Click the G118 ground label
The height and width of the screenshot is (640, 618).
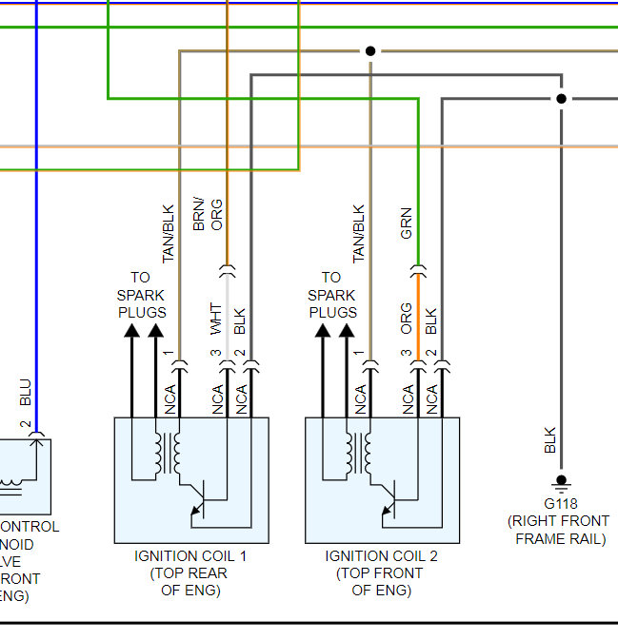pyautogui.click(x=561, y=504)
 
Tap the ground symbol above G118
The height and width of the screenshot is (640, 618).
pyautogui.click(x=561, y=483)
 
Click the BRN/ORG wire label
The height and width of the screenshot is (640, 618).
pyautogui.click(x=208, y=215)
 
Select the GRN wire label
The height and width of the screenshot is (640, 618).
pyautogui.click(x=407, y=223)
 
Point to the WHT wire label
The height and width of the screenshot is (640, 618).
pyautogui.click(x=216, y=319)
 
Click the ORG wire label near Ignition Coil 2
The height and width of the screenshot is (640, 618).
pyautogui.click(x=407, y=319)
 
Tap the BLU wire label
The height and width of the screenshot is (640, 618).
pyautogui.click(x=26, y=392)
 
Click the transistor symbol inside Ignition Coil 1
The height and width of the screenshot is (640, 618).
pyautogui.click(x=199, y=500)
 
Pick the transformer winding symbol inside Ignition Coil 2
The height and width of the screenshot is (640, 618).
pyautogui.click(x=358, y=453)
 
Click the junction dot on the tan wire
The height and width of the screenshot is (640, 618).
pyautogui.click(x=370, y=51)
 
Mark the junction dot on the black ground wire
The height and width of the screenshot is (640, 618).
pyautogui.click(x=561, y=99)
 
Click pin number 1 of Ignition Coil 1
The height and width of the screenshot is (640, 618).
pyautogui.click(x=169, y=353)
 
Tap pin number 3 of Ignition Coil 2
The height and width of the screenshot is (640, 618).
pyautogui.click(x=407, y=353)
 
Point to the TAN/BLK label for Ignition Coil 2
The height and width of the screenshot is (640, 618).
pyautogui.click(x=358, y=234)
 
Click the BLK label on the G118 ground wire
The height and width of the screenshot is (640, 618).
pyautogui.click(x=550, y=440)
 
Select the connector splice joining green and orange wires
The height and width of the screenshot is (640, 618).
pyautogui.click(x=418, y=271)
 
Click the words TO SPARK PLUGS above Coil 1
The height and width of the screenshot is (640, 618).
pyautogui.click(x=142, y=295)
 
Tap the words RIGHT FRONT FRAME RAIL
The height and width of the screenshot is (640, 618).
pyautogui.click(x=560, y=530)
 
